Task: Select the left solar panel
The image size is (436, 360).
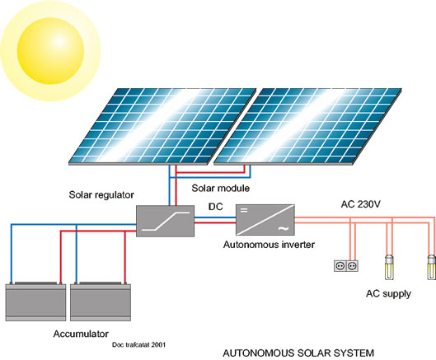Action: point(162,127)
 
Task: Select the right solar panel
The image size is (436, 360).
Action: point(307,127)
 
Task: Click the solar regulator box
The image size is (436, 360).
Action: point(165,221)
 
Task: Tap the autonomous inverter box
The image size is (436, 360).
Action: point(265,220)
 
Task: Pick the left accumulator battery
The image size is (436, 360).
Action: point(35,302)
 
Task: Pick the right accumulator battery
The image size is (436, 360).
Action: point(101,302)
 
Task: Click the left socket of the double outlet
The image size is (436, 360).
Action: point(340,266)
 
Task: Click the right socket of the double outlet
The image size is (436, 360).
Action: point(352,266)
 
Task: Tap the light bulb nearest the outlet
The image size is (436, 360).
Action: point(389,267)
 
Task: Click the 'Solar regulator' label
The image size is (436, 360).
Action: point(101,195)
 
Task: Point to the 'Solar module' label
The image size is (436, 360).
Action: point(221,188)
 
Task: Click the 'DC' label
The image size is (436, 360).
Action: point(216,207)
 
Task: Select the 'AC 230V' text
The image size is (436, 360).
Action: point(361,204)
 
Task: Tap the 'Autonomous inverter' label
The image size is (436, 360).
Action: point(269,245)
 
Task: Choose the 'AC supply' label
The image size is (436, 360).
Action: point(388,294)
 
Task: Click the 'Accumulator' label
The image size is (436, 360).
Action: point(81,334)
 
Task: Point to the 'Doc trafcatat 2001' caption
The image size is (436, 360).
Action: point(138,344)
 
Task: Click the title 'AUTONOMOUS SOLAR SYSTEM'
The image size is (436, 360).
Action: point(298,353)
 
